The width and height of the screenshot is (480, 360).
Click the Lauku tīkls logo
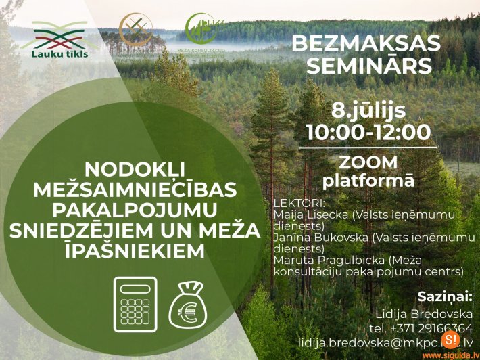pos(58,37)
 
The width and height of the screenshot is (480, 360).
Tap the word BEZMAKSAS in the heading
pos(366,43)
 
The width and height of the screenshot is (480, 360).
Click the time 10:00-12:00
pos(368,131)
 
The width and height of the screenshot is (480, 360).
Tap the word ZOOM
pos(368,162)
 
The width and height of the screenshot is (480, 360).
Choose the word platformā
pos(368,181)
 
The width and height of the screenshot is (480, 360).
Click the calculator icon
pos(135,304)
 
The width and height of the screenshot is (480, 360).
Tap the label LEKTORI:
pos(299,203)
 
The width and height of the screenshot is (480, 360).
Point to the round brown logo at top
pos(135,28)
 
